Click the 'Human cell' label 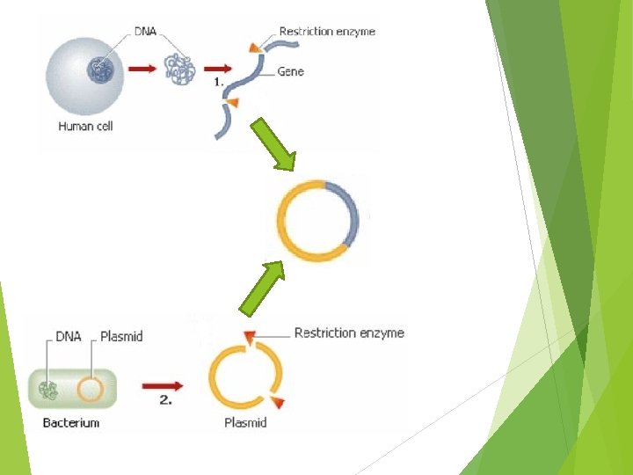click(x=85, y=126)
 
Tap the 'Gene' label click(x=290, y=70)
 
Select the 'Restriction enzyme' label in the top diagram click(x=327, y=32)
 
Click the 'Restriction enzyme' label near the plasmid click(x=349, y=332)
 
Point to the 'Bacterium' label click(x=71, y=423)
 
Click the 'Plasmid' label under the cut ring click(x=245, y=423)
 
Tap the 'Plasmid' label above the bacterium click(x=121, y=336)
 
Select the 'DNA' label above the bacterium click(x=69, y=336)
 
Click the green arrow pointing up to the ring click(x=263, y=286)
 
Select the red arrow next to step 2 click(x=162, y=385)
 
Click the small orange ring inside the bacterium click(x=90, y=388)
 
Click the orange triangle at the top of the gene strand click(x=254, y=46)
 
